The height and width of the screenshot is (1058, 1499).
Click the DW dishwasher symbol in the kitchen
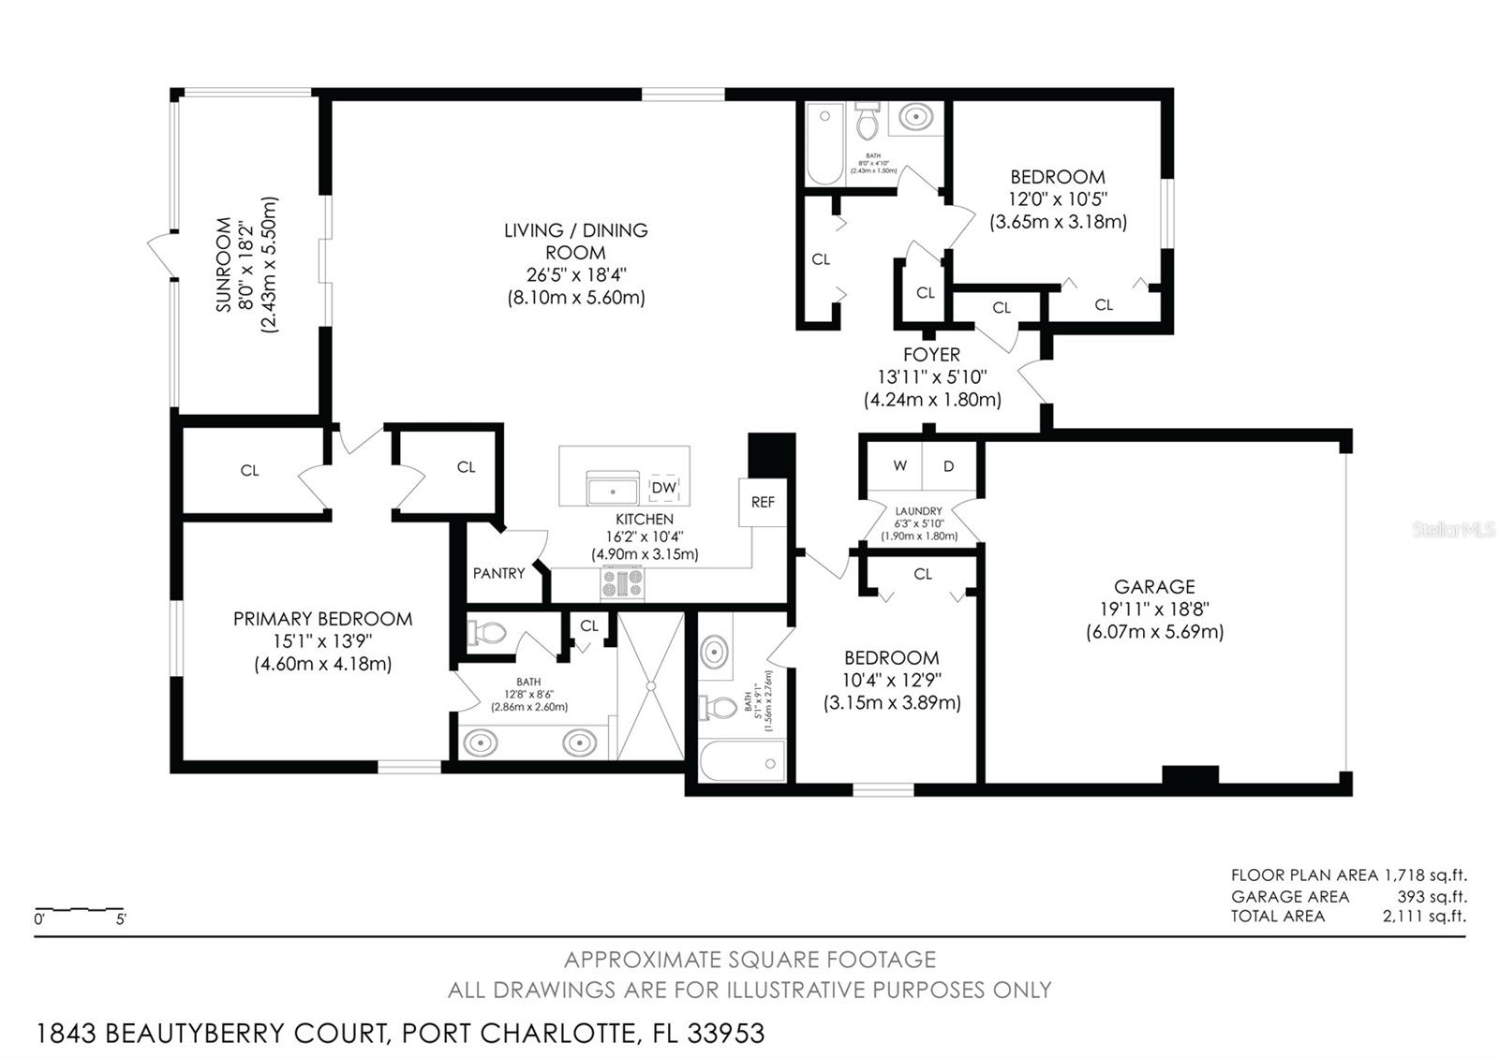tap(663, 488)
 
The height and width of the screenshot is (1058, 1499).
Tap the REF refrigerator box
tap(763, 503)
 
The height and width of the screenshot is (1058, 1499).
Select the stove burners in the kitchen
tap(623, 584)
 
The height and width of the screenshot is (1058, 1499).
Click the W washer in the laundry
tap(899, 466)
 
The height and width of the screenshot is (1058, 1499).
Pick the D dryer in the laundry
tap(948, 466)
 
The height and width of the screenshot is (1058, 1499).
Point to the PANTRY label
tap(498, 573)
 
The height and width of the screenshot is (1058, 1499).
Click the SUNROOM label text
tap(224, 265)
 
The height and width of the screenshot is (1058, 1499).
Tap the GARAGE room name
tap(1154, 587)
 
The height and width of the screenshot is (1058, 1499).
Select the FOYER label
tap(931, 355)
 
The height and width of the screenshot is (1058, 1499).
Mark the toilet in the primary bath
tap(486, 634)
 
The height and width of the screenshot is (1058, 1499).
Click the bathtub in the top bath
tap(825, 145)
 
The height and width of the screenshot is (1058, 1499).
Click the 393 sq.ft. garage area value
tap(1432, 896)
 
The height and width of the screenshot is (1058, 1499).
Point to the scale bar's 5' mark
tap(121, 918)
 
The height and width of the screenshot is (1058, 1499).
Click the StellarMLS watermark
tap(1453, 530)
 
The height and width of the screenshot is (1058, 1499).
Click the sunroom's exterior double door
tap(162, 254)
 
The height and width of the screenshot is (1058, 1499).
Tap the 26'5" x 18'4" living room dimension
tap(575, 275)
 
